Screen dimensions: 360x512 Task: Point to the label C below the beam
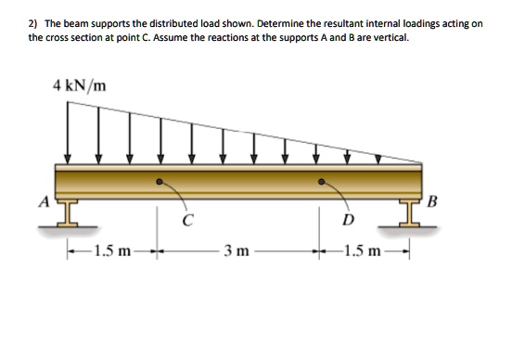(x=189, y=221)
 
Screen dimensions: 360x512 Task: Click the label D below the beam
(x=348, y=220)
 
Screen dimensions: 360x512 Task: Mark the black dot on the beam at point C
(x=160, y=182)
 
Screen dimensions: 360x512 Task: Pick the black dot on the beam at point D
(x=322, y=182)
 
